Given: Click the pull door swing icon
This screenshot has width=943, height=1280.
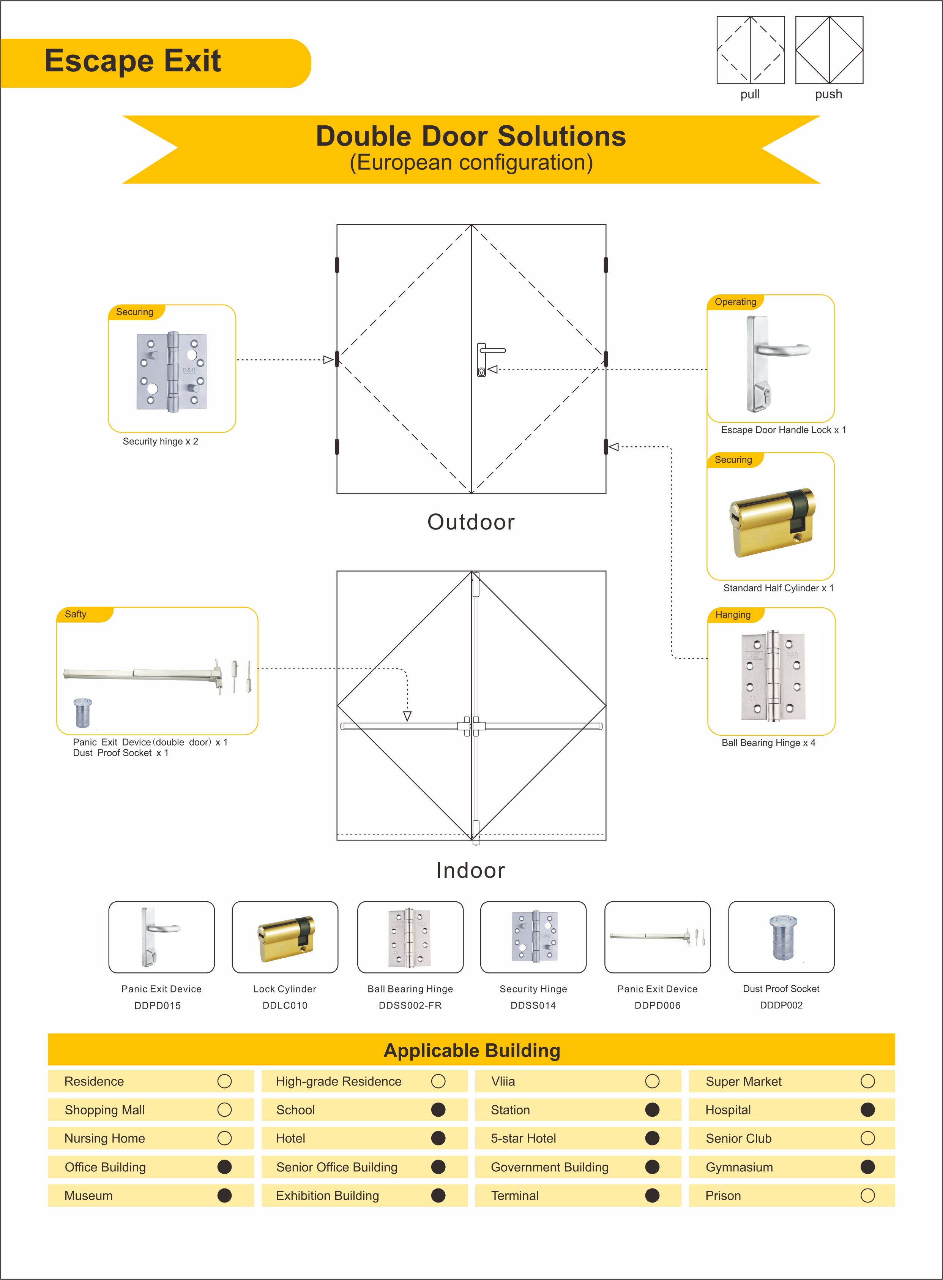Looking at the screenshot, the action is point(750,50).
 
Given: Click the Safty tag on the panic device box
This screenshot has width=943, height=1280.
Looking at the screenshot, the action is point(75,615).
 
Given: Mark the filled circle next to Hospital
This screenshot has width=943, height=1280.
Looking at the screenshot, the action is point(868,1110).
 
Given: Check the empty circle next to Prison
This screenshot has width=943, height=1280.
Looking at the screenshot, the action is point(868,1195).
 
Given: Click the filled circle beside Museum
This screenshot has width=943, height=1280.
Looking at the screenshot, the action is point(225,1195).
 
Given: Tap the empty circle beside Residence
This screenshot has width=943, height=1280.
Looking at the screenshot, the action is point(225,1081).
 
